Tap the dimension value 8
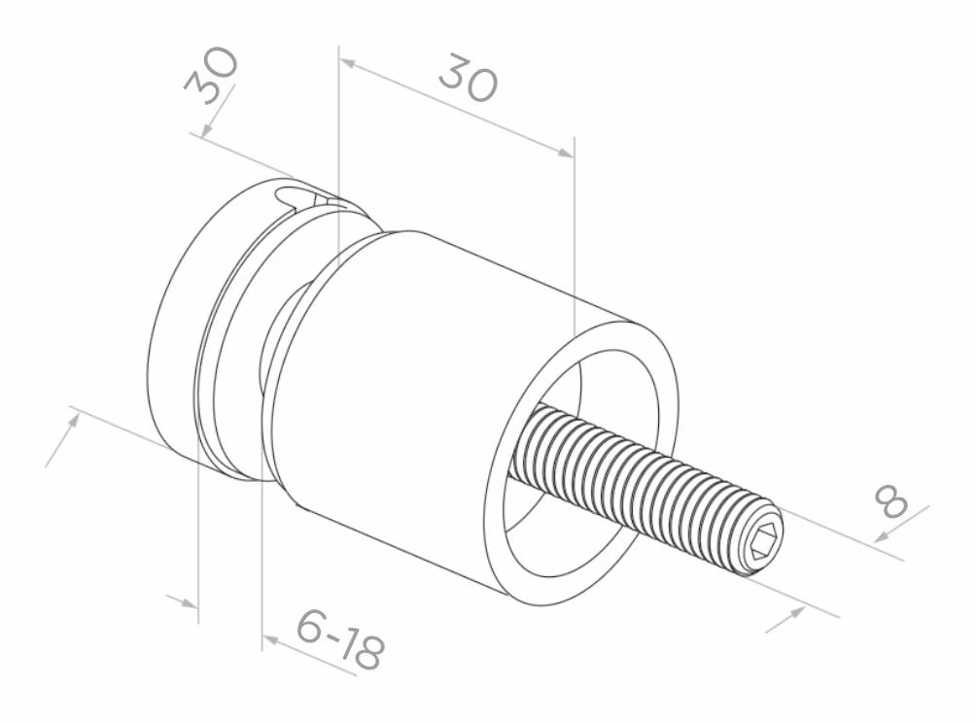coord(891,500)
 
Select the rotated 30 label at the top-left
coord(211,76)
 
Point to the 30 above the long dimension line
coord(468,78)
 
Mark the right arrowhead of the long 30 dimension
coord(564,152)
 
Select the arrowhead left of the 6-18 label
coord(270,639)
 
